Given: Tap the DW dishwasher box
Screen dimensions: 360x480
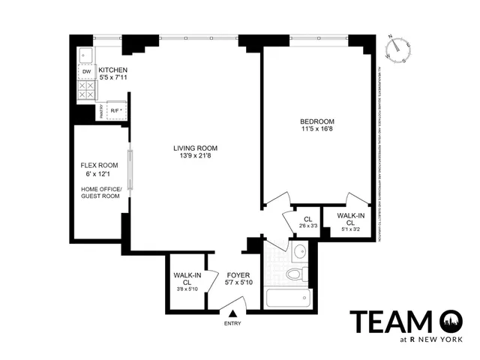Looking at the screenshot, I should pyautogui.click(x=86, y=71).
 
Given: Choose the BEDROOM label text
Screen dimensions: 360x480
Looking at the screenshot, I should pyautogui.click(x=317, y=121).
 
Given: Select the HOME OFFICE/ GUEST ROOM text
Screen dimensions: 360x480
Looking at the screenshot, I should pyautogui.click(x=100, y=192).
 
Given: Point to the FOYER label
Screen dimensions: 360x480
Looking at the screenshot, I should pyautogui.click(x=238, y=275).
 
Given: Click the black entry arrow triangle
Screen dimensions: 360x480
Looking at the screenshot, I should pyautogui.click(x=233, y=313).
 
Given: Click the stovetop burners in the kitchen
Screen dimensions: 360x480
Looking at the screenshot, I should pyautogui.click(x=86, y=90).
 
